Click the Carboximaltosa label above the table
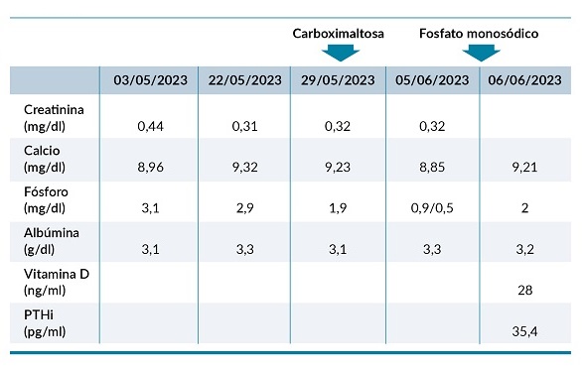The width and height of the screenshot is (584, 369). click(338, 33)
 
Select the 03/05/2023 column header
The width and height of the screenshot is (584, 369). click(149, 80)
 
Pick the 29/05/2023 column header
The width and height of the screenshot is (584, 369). click(338, 80)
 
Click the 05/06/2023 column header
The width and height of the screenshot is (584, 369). click(432, 80)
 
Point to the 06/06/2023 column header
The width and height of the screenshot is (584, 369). click(524, 80)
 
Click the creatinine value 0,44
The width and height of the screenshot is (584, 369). click(149, 126)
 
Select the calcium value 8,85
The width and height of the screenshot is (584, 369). click(432, 168)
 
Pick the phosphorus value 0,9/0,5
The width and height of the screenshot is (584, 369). click(432, 208)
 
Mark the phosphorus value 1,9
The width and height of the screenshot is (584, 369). click(338, 208)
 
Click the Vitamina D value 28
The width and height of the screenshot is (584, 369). click(524, 291)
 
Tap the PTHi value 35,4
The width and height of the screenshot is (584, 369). click(524, 331)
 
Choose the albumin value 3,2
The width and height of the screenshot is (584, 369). click(524, 249)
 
